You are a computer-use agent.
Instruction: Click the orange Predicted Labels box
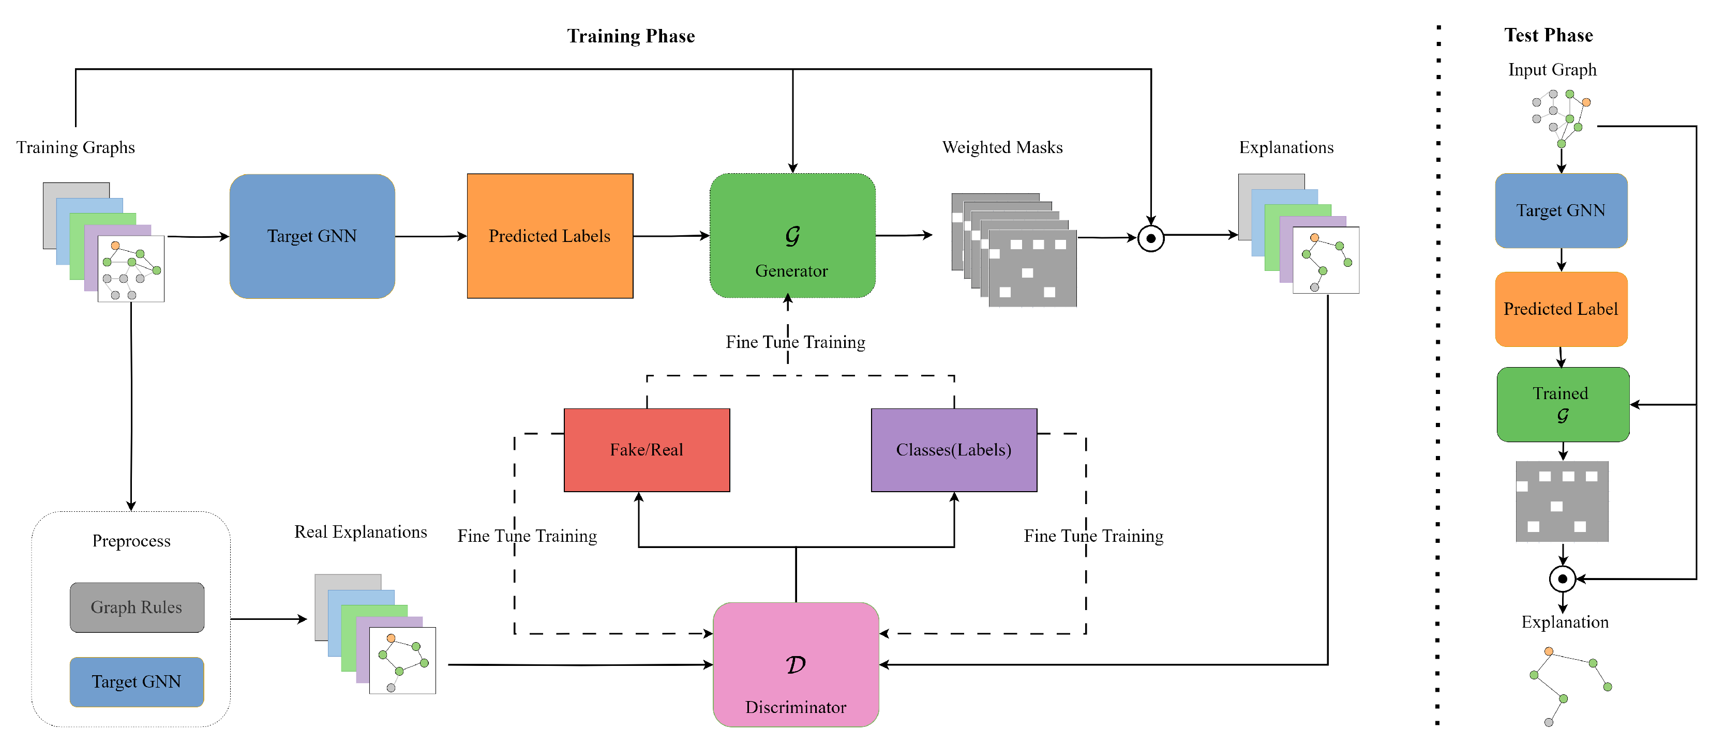550,236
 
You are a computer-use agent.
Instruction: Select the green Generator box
792,236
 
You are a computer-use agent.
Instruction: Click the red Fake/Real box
647,450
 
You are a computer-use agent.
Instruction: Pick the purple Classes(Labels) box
953,450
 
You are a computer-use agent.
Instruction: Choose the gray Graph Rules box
137,607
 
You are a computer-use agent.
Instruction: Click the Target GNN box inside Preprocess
137,681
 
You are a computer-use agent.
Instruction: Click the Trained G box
1563,404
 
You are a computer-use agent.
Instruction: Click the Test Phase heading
1548,35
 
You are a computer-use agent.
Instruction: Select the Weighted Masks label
1002,147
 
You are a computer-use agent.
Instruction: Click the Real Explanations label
361,532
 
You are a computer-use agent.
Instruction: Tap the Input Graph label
1552,70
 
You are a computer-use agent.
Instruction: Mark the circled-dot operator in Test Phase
1562,579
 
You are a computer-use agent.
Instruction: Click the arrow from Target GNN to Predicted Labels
431,236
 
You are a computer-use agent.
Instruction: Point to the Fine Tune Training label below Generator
795,342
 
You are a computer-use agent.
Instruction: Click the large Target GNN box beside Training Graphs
312,236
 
